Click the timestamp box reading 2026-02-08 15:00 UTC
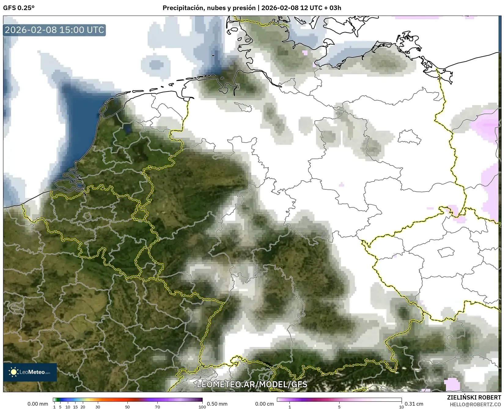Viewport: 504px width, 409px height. click(x=54, y=30)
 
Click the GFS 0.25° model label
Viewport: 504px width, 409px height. click(x=19, y=8)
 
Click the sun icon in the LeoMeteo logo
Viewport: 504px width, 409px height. click(x=14, y=372)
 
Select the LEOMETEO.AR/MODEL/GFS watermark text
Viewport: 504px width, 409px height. click(x=252, y=384)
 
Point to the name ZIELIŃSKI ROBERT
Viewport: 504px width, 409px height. click(x=474, y=397)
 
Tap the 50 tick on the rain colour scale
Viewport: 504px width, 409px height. click(x=127, y=407)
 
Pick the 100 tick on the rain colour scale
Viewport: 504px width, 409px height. click(x=202, y=407)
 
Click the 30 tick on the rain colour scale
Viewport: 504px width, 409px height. click(x=98, y=407)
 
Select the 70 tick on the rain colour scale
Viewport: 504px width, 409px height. click(x=157, y=407)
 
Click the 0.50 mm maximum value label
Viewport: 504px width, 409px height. click(x=217, y=404)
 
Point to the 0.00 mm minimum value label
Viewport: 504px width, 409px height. click(x=38, y=404)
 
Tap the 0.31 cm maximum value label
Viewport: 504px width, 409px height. click(x=414, y=404)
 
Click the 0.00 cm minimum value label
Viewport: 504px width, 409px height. click(x=265, y=404)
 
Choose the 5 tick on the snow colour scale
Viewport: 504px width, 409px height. click(x=339, y=407)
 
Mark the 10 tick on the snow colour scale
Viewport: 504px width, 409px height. click(x=401, y=407)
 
